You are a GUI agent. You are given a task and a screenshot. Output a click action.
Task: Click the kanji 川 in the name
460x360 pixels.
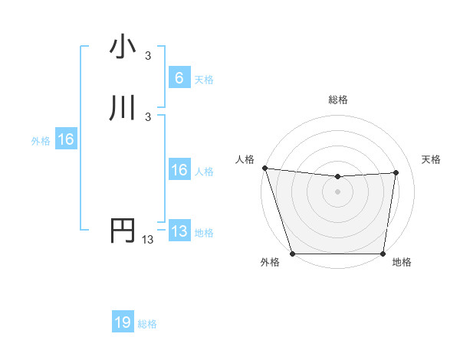coord(123,109)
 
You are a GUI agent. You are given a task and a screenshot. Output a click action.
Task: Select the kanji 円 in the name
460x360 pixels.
coord(123,231)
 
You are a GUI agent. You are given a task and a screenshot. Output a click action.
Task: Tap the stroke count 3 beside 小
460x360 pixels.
coord(148,55)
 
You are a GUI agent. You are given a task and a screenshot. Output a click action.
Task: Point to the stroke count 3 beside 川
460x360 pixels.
coord(148,117)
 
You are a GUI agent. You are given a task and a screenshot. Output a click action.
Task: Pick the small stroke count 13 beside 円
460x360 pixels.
coord(147,240)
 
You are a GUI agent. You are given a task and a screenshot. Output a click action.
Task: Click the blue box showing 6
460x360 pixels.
coord(179,78)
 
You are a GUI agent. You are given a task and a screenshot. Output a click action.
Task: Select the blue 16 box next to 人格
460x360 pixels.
coord(179,171)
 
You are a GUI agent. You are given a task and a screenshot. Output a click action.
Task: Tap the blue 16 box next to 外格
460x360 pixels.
coord(65,139)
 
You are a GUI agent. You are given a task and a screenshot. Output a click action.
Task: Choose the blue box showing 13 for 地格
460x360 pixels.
coord(179,231)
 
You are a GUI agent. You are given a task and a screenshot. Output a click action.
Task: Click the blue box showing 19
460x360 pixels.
coord(123,322)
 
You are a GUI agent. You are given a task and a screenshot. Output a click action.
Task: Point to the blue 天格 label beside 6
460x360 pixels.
coord(204,80)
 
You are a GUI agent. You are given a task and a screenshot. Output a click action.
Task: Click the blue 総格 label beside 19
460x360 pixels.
coord(147,324)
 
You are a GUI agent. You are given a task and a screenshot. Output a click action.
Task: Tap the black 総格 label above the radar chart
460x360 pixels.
coord(337,100)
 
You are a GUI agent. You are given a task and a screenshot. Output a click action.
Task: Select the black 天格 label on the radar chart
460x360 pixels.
coord(431,159)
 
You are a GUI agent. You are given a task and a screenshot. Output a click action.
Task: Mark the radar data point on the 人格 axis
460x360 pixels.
coord(264,168)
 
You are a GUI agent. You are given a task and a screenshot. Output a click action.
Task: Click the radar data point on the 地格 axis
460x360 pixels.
coord(383,254)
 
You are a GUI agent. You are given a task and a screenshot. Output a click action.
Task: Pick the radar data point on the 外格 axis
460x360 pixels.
coord(293,254)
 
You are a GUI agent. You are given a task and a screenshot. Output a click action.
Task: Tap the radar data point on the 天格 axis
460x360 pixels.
coord(396,172)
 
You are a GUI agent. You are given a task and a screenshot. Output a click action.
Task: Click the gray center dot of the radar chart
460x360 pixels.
coord(337,191)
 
